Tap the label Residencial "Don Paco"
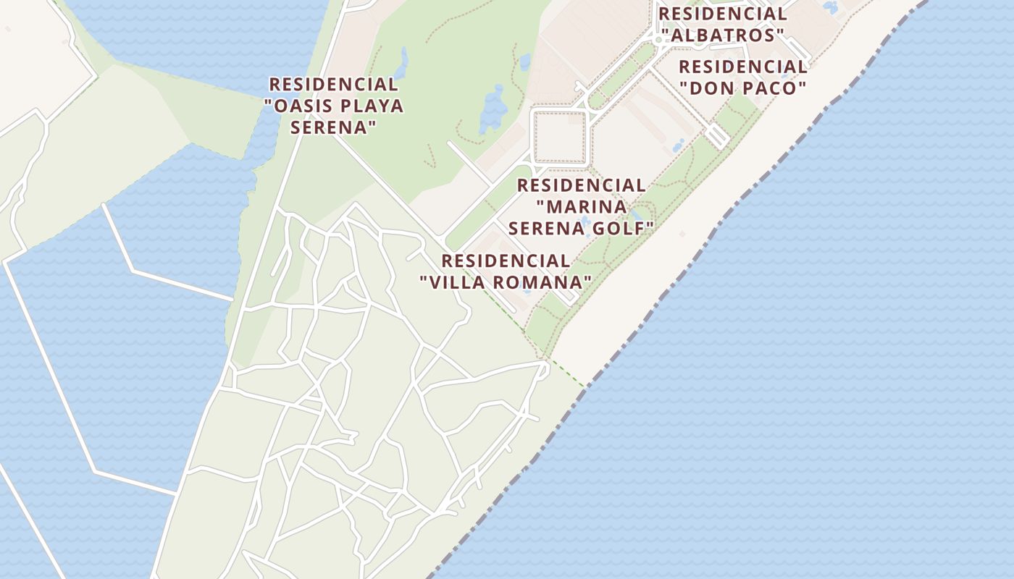point(743,77)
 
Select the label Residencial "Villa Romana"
point(506,271)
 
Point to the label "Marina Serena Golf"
point(581,207)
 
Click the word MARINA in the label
point(586,207)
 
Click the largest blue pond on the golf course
point(495,109)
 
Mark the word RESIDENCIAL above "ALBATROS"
point(722,14)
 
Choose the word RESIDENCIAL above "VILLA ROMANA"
point(506,261)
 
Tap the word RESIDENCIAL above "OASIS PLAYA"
point(333,85)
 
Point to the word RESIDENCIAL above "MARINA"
point(581,185)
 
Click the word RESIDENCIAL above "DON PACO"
point(743,67)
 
